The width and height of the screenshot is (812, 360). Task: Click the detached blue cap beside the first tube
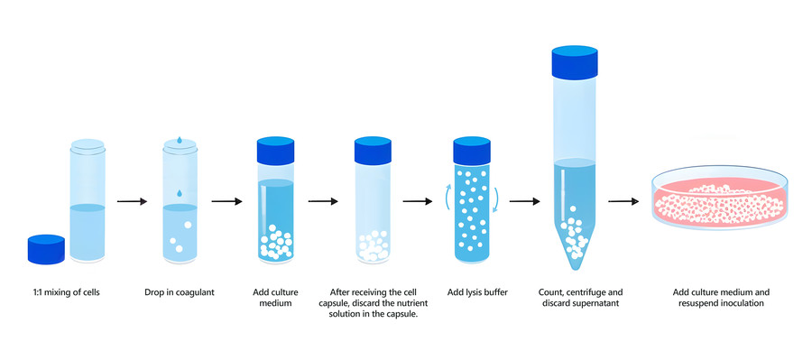coord(47,249)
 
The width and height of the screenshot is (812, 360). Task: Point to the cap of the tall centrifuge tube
coord(577,61)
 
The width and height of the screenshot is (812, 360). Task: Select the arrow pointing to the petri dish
coord(621,202)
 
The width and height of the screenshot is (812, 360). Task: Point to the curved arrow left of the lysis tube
coord(448,192)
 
